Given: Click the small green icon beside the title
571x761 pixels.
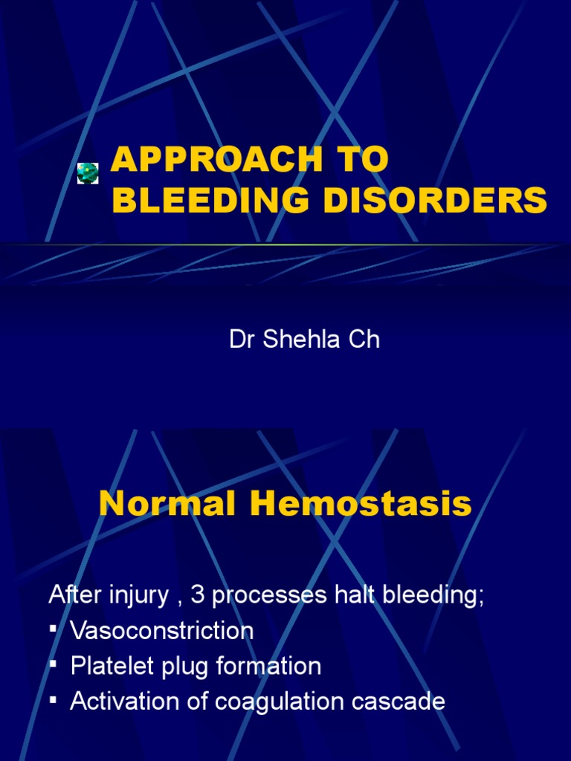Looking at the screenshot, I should tap(88, 172).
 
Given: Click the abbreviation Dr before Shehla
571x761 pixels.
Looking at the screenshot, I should tap(241, 340).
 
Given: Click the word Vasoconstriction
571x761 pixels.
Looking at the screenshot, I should tap(161, 631).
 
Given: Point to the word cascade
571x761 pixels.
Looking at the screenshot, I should tap(402, 702).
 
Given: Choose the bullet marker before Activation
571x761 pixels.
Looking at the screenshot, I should tap(54, 701).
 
